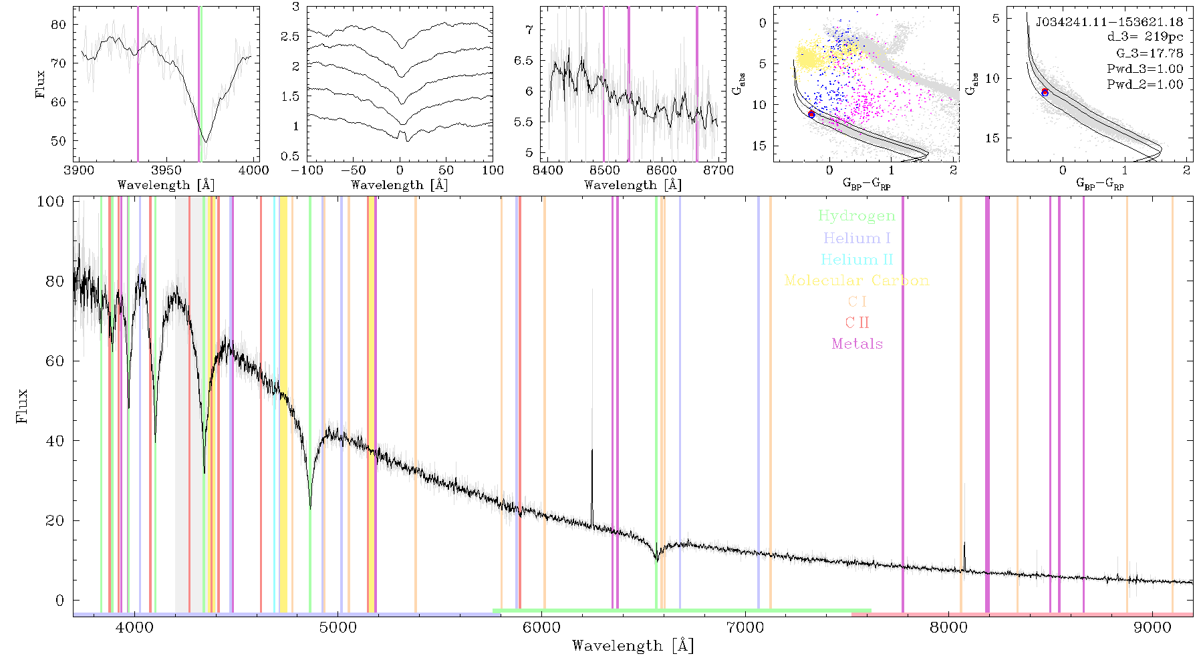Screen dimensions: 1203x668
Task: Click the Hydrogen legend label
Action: click(857, 216)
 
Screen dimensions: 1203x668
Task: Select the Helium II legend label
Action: click(857, 259)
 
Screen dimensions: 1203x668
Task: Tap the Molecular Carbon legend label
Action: click(857, 281)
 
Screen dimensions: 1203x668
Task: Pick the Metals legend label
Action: click(857, 344)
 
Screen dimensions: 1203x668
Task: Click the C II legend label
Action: click(857, 323)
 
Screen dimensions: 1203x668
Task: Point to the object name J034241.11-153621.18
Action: click(1109, 22)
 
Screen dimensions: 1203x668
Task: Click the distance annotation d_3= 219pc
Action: click(1145, 37)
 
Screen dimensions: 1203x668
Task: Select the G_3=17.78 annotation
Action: click(1150, 53)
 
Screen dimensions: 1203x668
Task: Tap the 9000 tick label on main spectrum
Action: click(1152, 627)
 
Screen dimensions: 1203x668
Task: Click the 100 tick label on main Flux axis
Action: click(50, 202)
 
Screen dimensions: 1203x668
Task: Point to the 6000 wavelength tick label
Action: click(541, 627)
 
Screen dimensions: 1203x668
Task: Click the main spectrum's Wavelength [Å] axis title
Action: click(633, 646)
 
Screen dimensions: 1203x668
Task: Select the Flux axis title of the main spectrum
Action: click(22, 405)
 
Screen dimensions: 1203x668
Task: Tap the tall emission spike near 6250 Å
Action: click(591, 407)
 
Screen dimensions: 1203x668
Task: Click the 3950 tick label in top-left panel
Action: click(166, 170)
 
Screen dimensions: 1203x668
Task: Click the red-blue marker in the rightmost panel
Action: click(1045, 92)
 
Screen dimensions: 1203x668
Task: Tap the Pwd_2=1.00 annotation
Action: click(1145, 84)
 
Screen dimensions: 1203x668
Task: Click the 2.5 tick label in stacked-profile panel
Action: click(290, 37)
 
